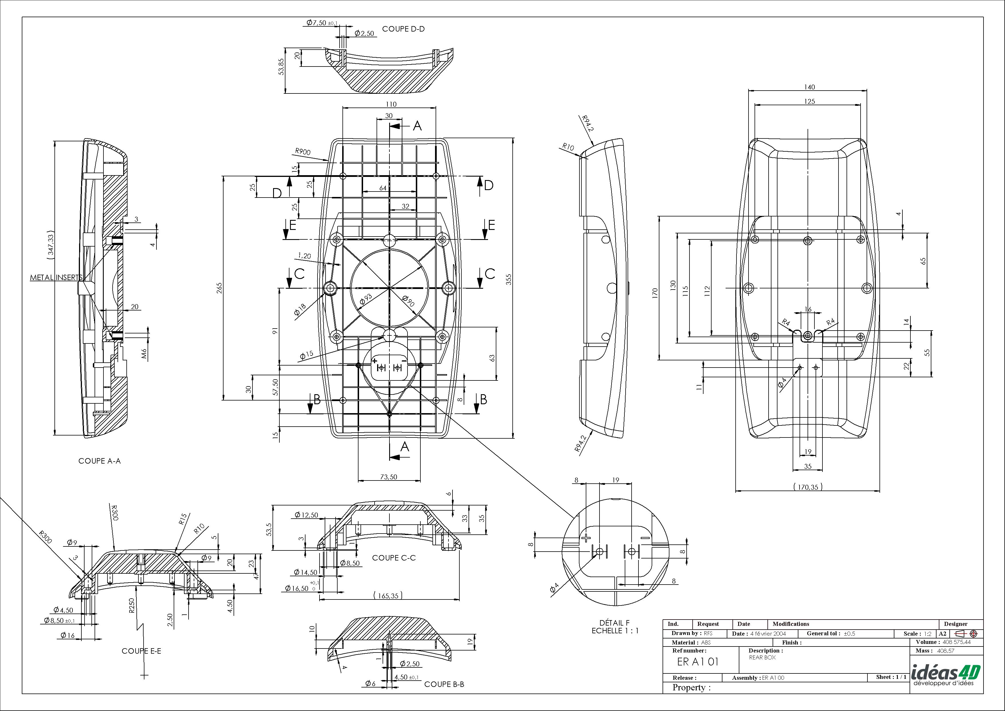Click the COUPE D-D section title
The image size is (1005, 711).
[x=403, y=29]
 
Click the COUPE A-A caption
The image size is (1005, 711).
[x=99, y=461]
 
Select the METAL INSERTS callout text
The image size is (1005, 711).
[x=56, y=278]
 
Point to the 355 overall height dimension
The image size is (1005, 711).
[x=509, y=279]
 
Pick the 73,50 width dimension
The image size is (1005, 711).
[x=388, y=477]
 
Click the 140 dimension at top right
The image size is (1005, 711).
[x=809, y=87]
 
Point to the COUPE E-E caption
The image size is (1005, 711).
[x=141, y=651]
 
